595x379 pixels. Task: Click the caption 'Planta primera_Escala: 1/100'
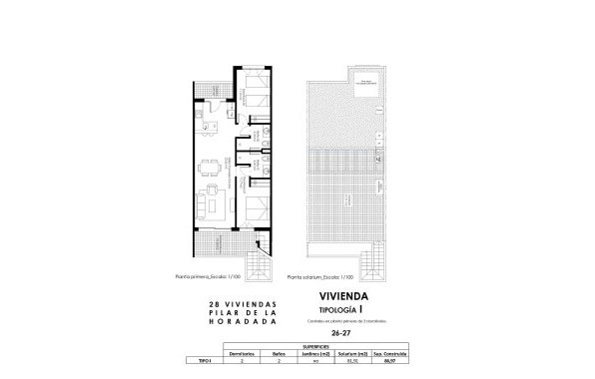[x=227, y=277]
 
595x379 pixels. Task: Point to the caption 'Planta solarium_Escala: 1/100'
[x=322, y=277]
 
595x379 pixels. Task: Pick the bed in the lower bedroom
[x=256, y=208]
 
